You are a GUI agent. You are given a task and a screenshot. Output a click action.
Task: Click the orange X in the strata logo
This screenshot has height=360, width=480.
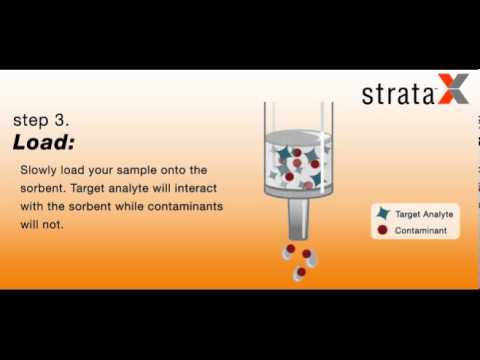coord(452,94)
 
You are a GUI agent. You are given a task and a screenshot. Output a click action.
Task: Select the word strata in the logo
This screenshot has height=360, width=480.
coord(399,95)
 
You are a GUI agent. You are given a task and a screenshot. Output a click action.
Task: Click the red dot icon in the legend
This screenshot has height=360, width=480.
coord(381,231)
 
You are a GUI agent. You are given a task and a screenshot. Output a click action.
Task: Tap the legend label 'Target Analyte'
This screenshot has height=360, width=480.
coord(423,214)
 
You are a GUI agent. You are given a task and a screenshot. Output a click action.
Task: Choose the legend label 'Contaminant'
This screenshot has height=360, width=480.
coord(421,231)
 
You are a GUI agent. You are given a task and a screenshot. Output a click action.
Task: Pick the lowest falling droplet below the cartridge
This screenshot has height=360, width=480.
coord(299,273)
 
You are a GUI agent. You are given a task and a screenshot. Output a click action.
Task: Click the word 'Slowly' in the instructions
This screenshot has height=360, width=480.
coord(39,170)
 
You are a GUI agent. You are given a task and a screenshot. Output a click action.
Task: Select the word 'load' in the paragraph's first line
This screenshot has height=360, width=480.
coord(76,170)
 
